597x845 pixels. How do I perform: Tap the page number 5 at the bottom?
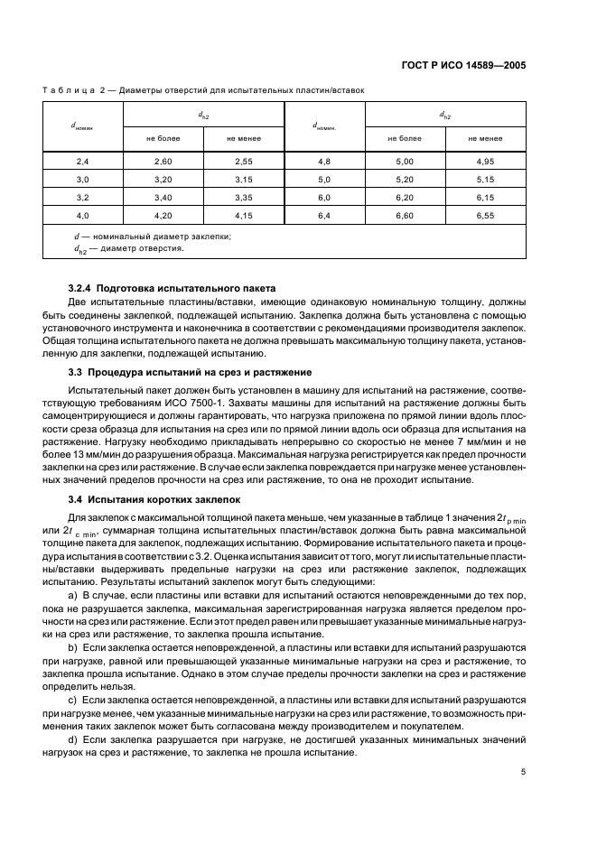[x=523, y=772]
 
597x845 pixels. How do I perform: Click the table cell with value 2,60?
[x=163, y=161]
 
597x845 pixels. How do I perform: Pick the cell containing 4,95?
[x=486, y=161]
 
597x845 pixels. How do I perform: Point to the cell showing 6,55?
[x=486, y=215]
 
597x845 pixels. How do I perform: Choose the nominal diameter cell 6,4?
[x=324, y=215]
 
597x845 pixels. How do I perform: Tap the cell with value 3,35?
[x=244, y=197]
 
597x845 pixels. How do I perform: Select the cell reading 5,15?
[x=486, y=179]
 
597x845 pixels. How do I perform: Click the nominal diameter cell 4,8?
[x=324, y=161]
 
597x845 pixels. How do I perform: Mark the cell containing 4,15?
[x=244, y=215]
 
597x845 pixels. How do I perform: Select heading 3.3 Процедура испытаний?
[x=178, y=372]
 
